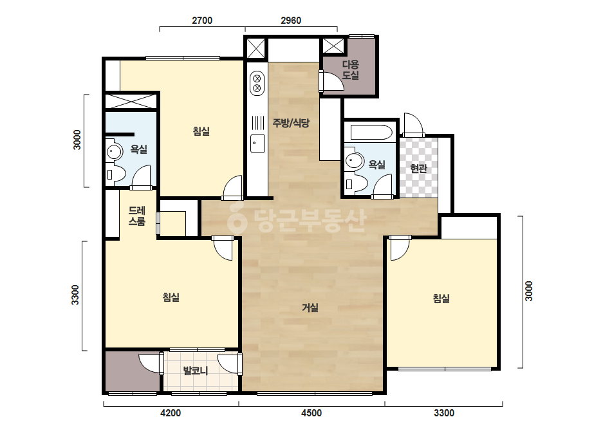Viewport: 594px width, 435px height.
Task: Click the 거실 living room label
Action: coord(310,308)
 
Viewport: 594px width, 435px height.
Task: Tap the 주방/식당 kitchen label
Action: coord(291,123)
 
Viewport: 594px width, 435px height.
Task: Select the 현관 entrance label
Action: coord(418,168)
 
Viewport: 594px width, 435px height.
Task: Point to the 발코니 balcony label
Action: coord(196,370)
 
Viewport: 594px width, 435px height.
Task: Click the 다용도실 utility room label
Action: coord(350,69)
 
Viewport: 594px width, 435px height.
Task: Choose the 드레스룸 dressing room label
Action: coord(137,216)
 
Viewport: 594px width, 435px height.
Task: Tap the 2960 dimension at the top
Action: coord(291,21)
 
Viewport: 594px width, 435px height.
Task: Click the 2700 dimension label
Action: coord(202,21)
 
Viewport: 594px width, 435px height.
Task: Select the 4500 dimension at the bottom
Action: coord(311,413)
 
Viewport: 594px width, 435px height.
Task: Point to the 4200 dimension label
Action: coord(171,413)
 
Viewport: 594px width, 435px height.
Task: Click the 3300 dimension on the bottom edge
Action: coord(444,413)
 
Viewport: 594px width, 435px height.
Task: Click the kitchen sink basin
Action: coord(257,143)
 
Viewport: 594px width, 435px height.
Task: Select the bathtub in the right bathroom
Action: coord(371,133)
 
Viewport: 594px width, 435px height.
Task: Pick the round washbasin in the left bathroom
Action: coord(114,152)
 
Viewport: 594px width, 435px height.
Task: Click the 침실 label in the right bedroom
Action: coord(441,299)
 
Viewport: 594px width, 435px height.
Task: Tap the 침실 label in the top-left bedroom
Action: coord(201,131)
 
